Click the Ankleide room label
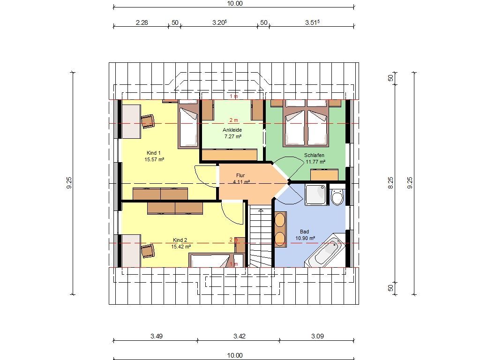(232, 130)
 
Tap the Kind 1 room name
(153, 153)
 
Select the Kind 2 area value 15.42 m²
(181, 247)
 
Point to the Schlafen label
(314, 155)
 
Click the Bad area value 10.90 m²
(305, 238)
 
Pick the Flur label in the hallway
(240, 175)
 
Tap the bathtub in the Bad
(325, 251)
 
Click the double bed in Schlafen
(307, 123)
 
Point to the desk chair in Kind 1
(148, 121)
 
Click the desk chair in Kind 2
(148, 250)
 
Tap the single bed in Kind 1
(188, 124)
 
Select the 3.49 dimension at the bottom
(157, 336)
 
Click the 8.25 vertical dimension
(390, 183)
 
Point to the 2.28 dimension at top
(142, 22)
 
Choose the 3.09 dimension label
(317, 336)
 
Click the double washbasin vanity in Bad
(280, 229)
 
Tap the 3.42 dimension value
(240, 336)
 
